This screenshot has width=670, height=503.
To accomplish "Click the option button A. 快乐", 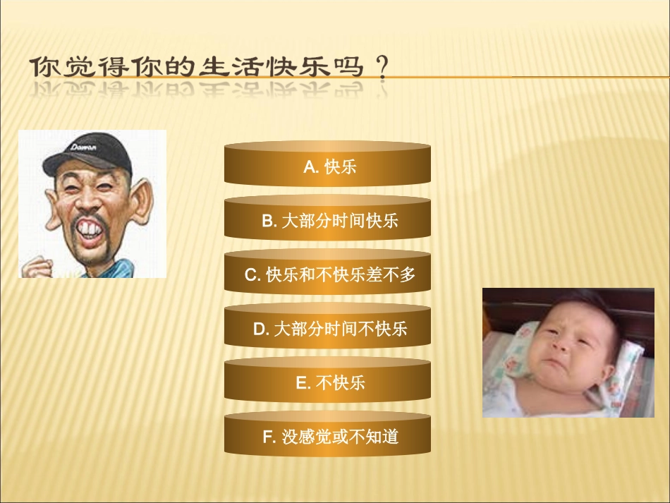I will click(327, 166).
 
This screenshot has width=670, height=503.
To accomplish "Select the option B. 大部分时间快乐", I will click(327, 221).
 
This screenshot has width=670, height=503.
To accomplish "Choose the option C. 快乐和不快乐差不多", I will click(327, 275).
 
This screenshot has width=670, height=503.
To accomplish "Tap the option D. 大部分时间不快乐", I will click(327, 329).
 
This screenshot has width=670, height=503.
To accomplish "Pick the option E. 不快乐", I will click(327, 383).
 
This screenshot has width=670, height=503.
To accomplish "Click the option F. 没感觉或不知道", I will click(327, 437).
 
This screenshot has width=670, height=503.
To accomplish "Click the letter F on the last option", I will click(268, 437).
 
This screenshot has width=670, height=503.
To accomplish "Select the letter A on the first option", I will click(309, 167).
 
